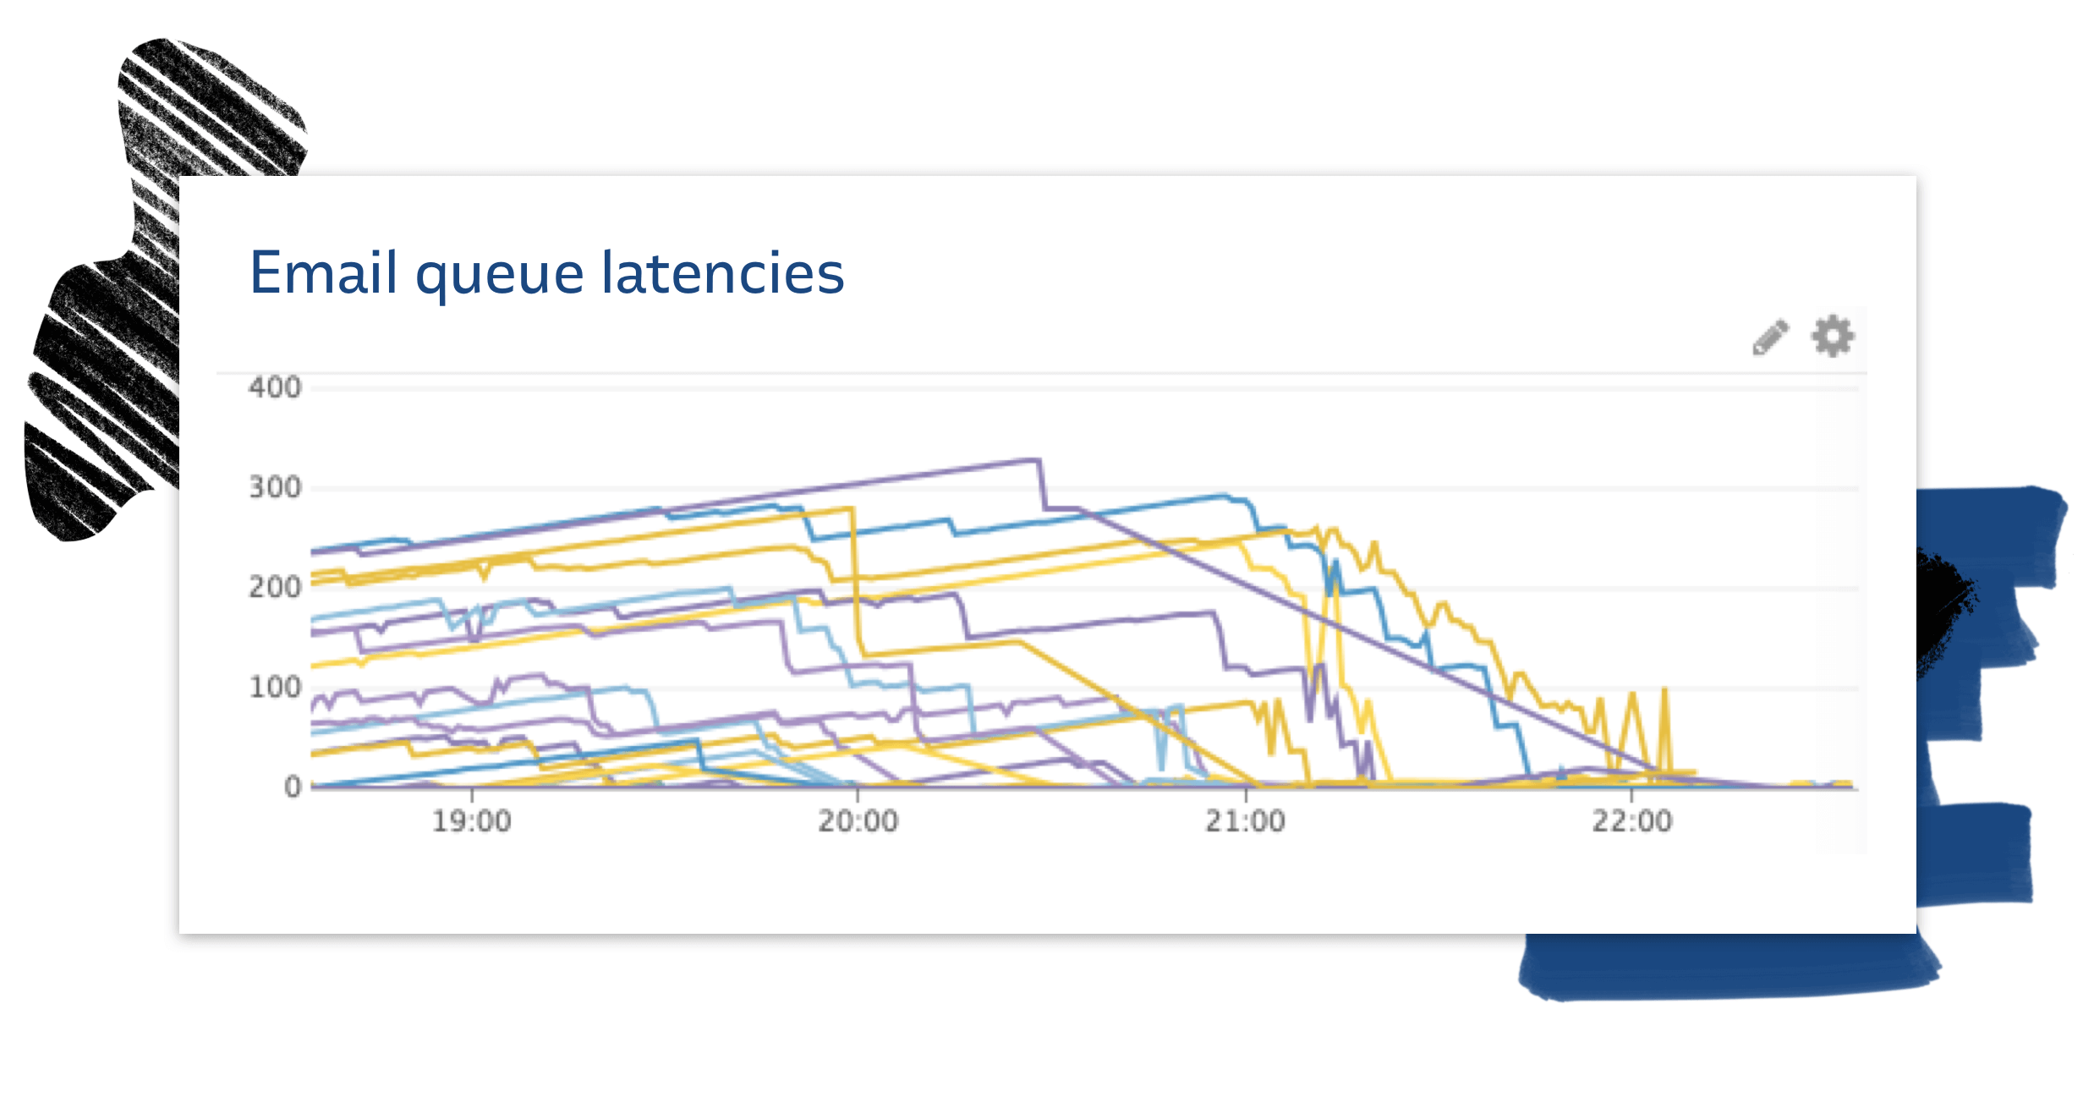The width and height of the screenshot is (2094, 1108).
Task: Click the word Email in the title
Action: pos(323,273)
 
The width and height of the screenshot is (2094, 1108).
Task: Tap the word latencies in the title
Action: pos(722,273)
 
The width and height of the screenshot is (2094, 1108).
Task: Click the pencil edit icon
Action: pos(1770,337)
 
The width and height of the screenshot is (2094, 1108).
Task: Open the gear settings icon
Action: pos(1833,337)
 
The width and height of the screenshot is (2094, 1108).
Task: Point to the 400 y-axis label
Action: pos(275,387)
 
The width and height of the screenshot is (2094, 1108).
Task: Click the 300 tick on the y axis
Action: pos(275,487)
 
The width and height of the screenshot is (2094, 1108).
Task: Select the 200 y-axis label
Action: pos(275,587)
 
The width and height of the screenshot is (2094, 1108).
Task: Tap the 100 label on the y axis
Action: pos(275,687)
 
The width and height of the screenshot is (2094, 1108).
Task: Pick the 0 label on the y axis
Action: pos(293,787)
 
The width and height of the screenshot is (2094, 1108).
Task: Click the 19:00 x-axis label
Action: pos(471,821)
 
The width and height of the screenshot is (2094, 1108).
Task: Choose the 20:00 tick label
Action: pos(858,821)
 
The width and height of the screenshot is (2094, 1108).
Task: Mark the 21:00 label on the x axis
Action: pos(1245,821)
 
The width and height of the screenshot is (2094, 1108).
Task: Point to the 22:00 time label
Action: pos(1631,821)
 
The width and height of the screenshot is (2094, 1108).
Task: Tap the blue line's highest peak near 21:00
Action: pos(1223,496)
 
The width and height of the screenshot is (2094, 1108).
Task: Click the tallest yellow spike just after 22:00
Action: pos(1664,689)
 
